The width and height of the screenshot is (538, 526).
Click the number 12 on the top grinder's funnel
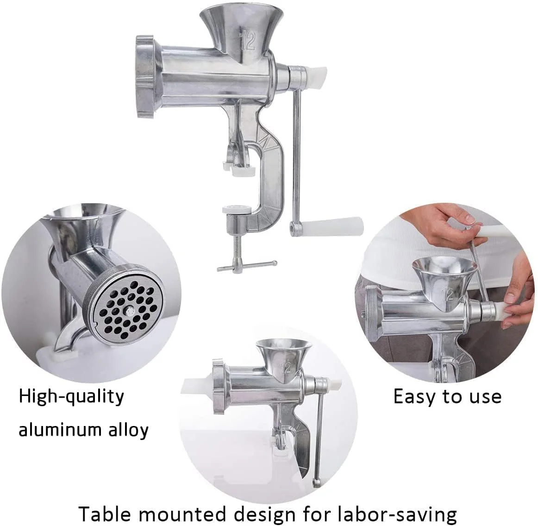(x=249, y=40)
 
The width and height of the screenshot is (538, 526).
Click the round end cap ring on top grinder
(x=145, y=78)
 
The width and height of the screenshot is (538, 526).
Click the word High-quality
(x=72, y=397)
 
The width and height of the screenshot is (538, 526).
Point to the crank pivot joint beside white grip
(x=293, y=227)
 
